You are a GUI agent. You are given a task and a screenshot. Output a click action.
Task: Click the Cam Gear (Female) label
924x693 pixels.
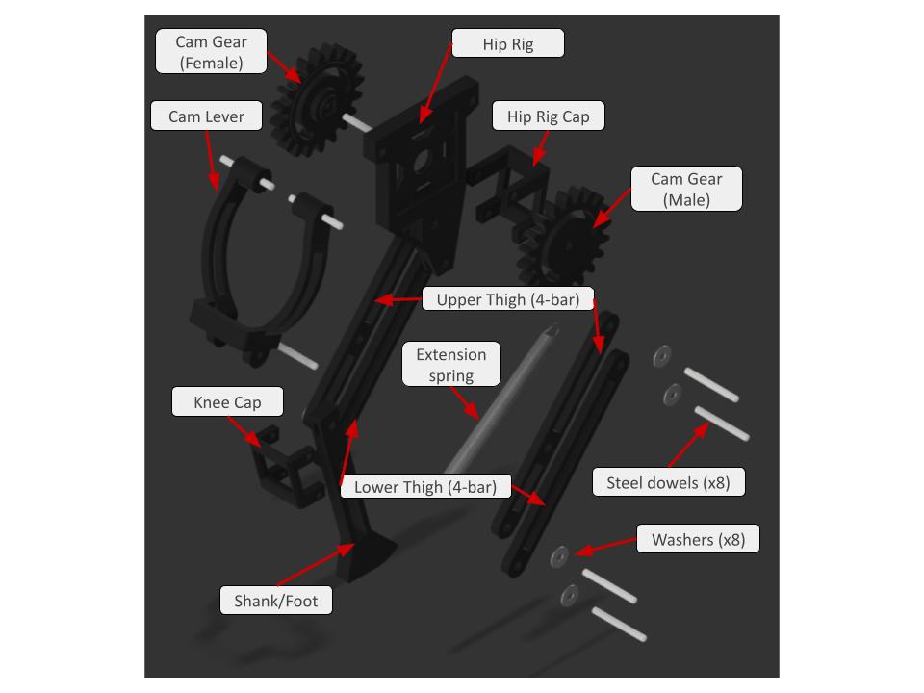(211, 51)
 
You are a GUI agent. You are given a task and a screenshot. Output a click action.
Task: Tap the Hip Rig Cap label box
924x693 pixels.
(548, 116)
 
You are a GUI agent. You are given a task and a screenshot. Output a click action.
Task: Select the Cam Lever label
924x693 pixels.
(206, 116)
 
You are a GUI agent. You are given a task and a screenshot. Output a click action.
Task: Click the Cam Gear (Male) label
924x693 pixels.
(686, 189)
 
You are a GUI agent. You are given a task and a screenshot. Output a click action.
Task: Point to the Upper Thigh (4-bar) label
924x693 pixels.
(508, 298)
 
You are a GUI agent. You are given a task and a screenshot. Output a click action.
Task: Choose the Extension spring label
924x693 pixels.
(451, 364)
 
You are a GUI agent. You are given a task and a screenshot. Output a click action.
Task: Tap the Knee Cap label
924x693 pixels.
(227, 402)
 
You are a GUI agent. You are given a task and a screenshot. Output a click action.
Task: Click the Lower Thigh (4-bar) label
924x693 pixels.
(425, 486)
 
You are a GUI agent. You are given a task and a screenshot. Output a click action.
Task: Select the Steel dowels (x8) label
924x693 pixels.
(668, 482)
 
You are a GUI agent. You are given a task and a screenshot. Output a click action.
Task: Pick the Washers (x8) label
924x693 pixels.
(698, 539)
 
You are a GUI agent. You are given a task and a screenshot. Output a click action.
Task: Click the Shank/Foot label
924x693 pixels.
(276, 600)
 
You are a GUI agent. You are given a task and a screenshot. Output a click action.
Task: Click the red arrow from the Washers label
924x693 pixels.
(605, 547)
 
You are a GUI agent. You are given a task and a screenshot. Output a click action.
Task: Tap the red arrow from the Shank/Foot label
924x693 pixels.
(316, 565)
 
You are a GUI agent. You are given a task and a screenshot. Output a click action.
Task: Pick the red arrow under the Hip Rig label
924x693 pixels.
(436, 84)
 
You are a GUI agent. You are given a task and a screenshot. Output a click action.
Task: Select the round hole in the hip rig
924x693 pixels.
(422, 161)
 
